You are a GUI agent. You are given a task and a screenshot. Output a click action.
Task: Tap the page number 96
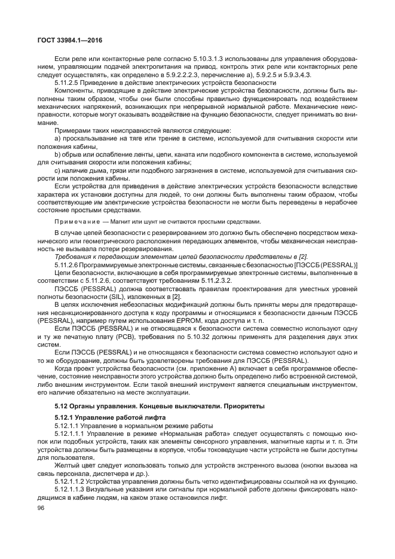pyautogui.click(x=41, y=508)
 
